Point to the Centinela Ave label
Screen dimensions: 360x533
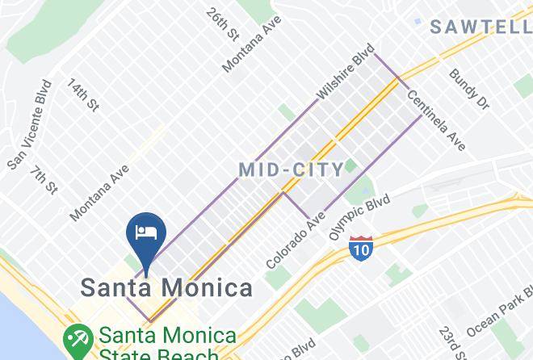[436, 120]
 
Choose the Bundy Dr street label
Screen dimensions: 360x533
[469, 89]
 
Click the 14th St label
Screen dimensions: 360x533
[82, 95]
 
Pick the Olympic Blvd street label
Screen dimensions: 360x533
[359, 216]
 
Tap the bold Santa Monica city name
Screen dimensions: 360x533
[165, 287]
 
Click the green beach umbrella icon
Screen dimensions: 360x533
[78, 339]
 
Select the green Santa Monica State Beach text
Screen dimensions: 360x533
[168, 344]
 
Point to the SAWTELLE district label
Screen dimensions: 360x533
[480, 27]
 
